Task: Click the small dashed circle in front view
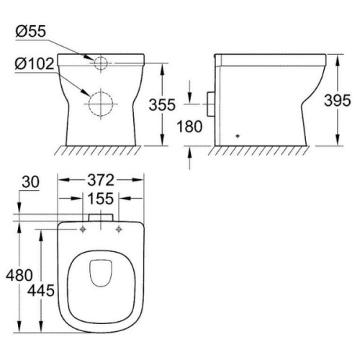click(x=100, y=63)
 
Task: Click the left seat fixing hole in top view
click(x=84, y=230)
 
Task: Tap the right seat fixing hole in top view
click(x=117, y=230)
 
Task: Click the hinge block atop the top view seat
click(x=100, y=217)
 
